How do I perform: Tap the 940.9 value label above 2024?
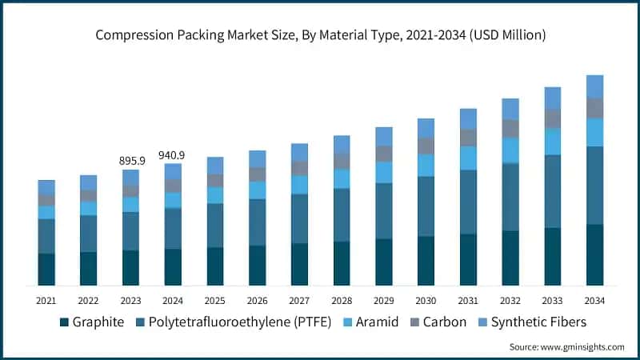tap(173, 155)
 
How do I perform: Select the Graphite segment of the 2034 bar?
tap(594, 254)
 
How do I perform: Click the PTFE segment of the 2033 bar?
tap(553, 191)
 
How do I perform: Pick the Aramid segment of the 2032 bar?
tap(510, 150)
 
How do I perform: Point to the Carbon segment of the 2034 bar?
tap(594, 108)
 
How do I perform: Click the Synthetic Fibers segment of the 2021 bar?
tap(46, 187)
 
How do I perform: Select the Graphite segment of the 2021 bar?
tap(46, 269)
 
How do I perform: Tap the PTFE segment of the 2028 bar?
tap(342, 214)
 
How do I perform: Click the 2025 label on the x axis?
tap(215, 300)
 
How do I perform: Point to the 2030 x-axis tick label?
tap(426, 300)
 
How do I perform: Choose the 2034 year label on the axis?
tap(594, 300)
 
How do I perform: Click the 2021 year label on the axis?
tap(46, 300)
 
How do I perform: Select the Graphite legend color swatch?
tap(64, 322)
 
